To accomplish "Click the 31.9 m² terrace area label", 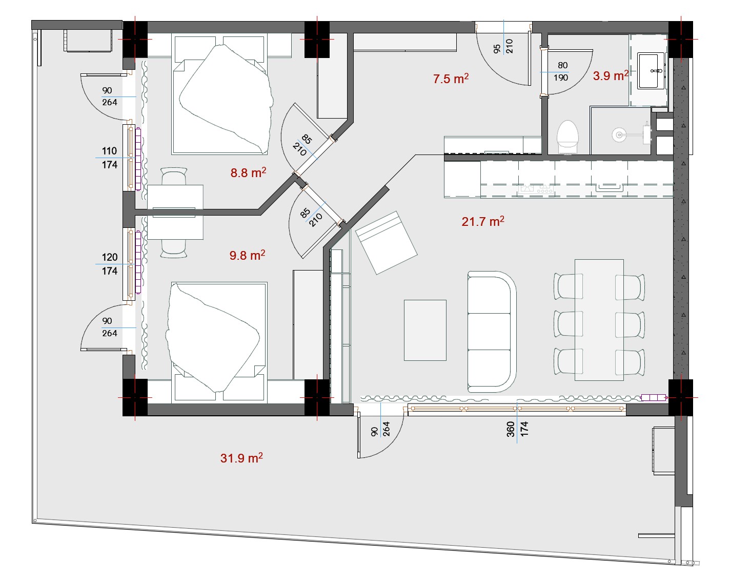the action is click(241, 458).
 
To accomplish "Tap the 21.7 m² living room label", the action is click(483, 221).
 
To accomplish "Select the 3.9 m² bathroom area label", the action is click(611, 75).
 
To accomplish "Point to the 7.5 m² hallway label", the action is click(451, 79).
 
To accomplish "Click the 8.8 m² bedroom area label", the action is click(248, 172).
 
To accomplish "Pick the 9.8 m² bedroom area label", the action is click(247, 255).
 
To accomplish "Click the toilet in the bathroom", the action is click(567, 137).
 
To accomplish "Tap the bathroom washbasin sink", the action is click(651, 71).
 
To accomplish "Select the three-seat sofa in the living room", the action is click(492, 332).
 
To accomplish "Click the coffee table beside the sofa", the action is click(425, 330).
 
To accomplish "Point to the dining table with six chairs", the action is click(599, 320).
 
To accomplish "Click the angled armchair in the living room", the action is click(387, 243).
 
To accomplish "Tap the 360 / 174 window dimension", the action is click(517, 429).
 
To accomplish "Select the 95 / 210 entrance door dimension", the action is click(503, 47).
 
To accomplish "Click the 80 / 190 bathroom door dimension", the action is click(561, 71).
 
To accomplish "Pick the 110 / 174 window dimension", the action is click(109, 158).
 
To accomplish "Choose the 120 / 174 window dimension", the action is click(110, 264).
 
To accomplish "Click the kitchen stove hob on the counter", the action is click(536, 188).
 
